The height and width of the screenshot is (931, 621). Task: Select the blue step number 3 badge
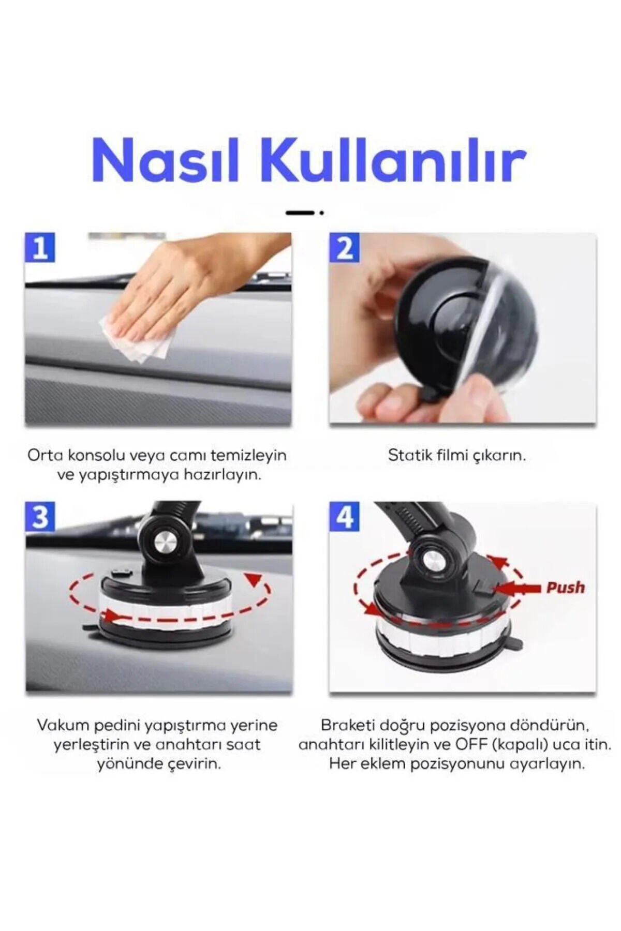40,517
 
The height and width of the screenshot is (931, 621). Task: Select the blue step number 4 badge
345,517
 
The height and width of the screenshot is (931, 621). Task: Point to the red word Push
565,588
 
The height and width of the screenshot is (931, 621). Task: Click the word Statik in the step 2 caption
409,455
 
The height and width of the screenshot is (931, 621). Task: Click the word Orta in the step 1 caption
45,455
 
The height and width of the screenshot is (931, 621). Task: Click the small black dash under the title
301,213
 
